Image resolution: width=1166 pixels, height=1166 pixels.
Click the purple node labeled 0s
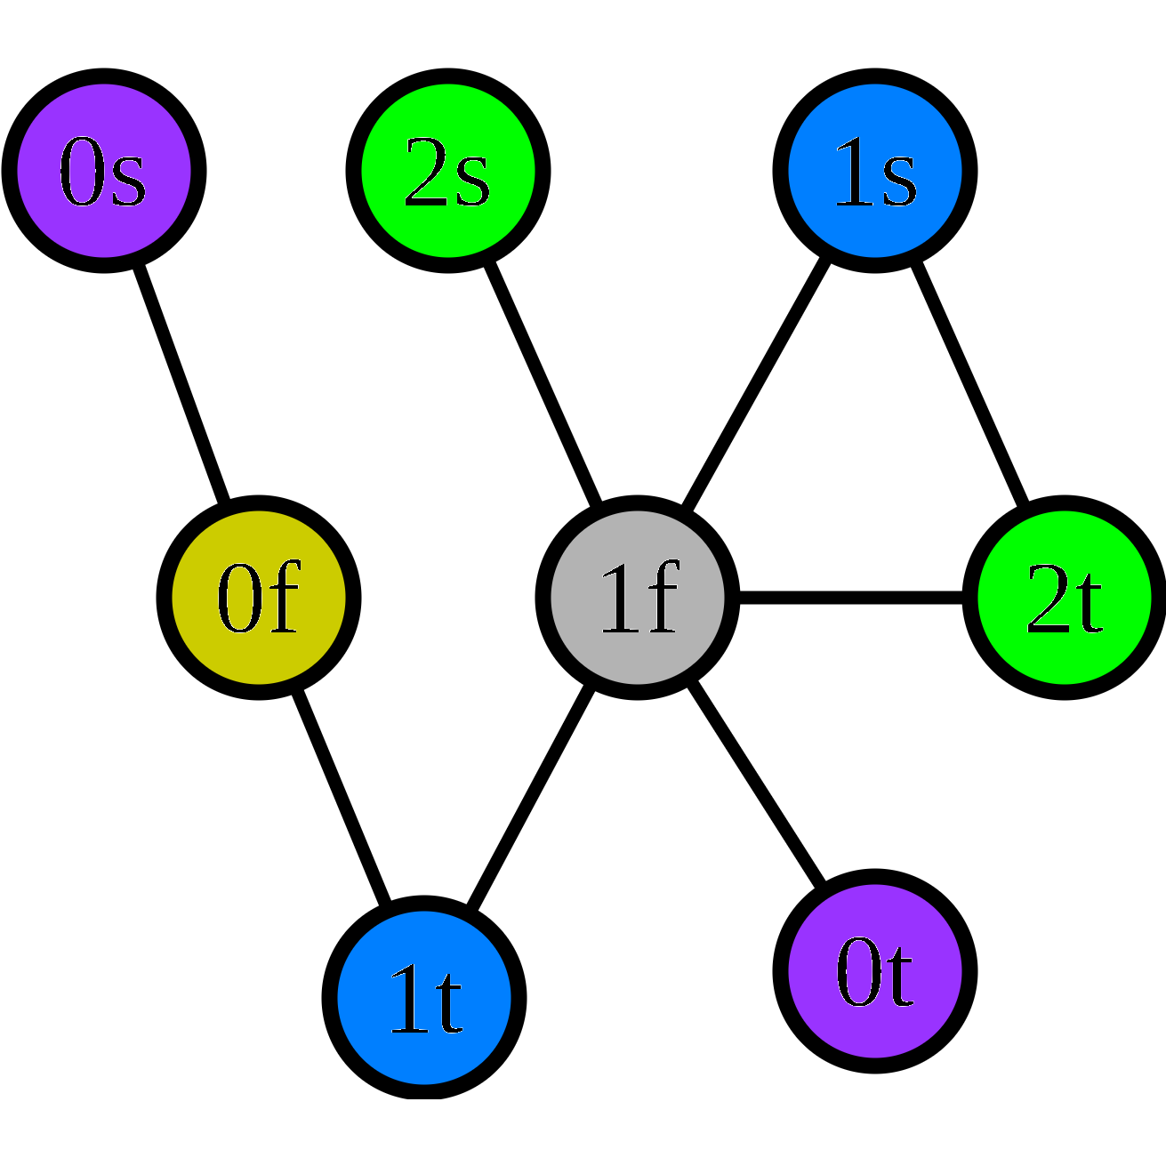104,171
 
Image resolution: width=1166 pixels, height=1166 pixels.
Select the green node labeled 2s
447,171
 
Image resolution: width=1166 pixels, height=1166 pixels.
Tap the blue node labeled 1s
875,171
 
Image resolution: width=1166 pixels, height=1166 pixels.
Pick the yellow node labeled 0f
259,597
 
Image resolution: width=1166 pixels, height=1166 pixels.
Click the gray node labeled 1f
637,597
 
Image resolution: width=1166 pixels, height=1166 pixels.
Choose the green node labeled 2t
1065,597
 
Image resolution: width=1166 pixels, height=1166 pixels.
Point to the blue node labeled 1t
424,997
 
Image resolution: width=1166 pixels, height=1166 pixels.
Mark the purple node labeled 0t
875,971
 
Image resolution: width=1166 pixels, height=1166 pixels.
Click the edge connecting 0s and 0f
181,383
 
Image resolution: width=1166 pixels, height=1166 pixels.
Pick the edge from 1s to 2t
969,383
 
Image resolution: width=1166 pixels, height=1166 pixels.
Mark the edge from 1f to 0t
756,784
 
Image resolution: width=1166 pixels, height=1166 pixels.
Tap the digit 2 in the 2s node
425,174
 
